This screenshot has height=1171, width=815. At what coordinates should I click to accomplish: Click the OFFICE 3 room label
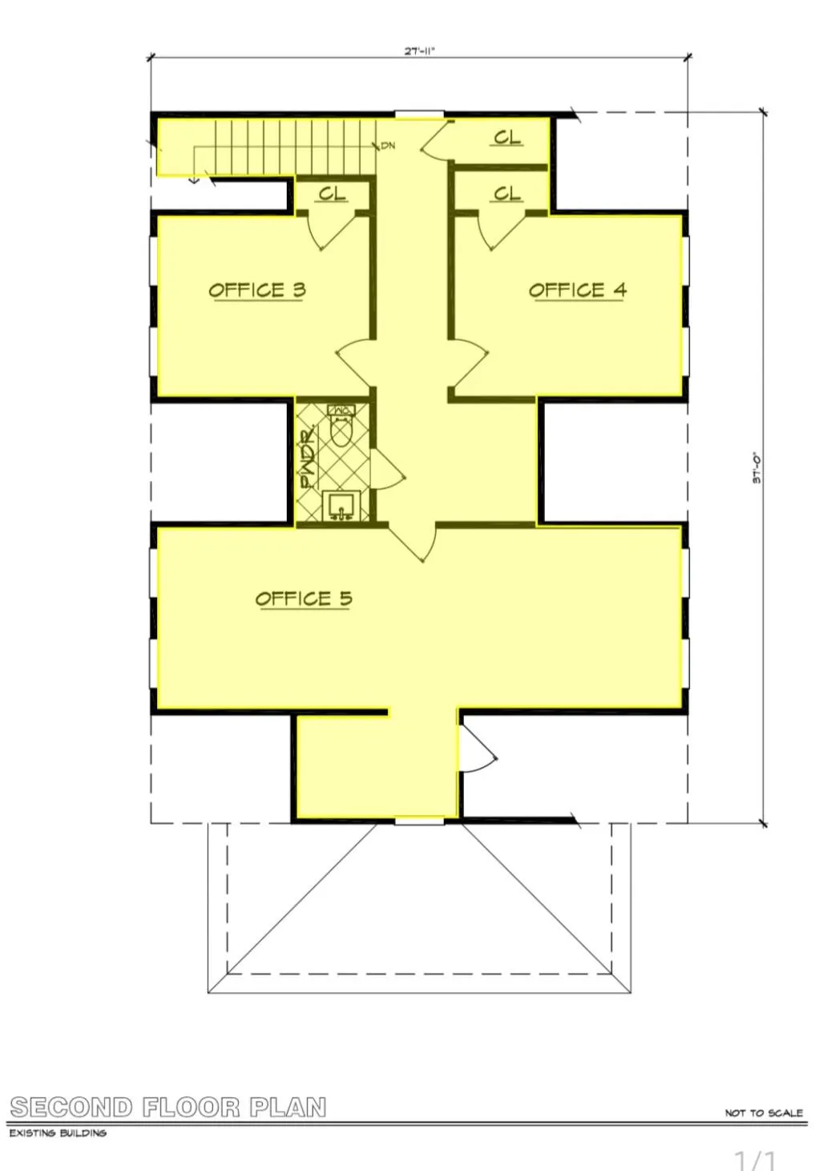257,290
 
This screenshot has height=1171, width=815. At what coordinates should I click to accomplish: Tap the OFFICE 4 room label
577,290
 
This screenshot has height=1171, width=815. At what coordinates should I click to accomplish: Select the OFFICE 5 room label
304,599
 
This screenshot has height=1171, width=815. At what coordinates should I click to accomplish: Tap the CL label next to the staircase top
506,138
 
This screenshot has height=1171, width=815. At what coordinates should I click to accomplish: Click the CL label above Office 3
333,194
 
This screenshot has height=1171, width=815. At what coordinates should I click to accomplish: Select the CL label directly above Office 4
506,194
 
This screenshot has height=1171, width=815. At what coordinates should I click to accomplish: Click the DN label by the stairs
388,146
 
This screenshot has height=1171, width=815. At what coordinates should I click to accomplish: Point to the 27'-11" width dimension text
419,50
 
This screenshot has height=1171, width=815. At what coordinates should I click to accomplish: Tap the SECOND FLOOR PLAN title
168,1108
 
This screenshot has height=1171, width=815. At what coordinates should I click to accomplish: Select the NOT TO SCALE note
763,1112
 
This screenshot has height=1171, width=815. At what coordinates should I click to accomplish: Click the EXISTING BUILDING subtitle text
58,1133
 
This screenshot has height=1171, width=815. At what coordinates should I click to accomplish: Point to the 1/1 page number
755,1160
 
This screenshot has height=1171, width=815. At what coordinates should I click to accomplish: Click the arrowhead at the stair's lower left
194,180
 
